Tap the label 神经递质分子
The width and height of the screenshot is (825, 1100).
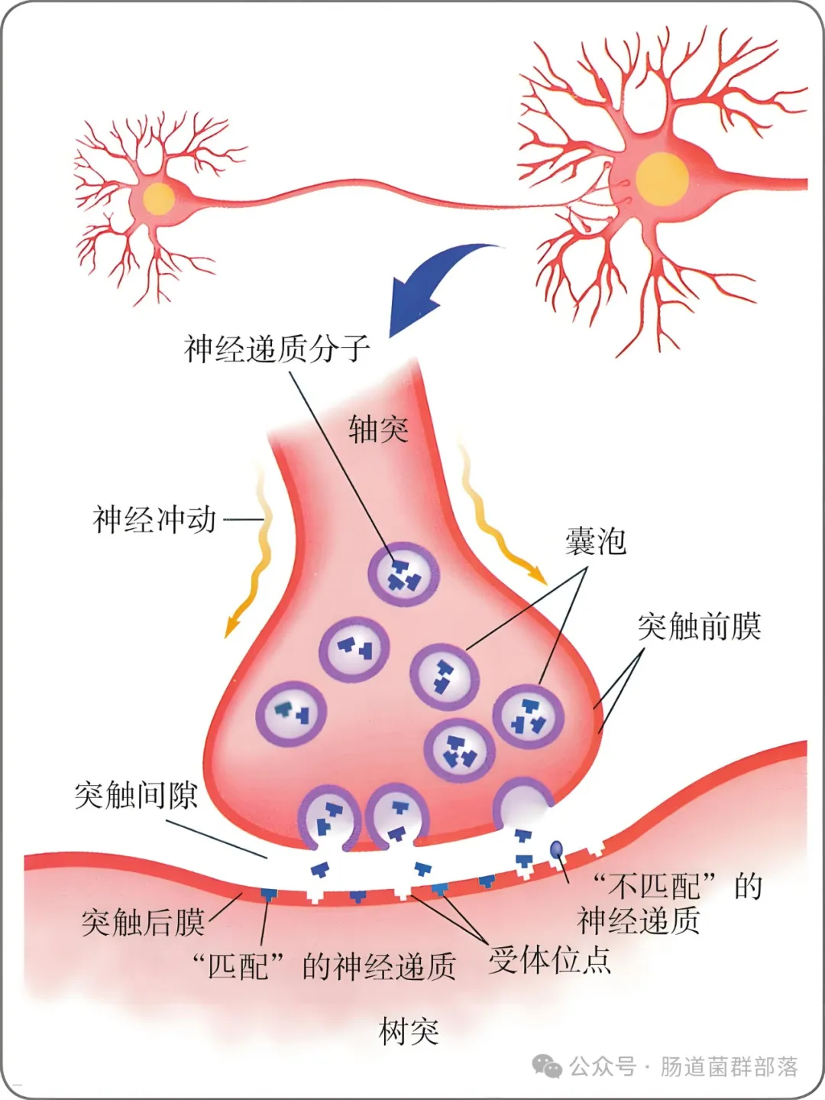pyautogui.click(x=277, y=349)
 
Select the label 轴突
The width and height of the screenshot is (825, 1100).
pyautogui.click(x=378, y=429)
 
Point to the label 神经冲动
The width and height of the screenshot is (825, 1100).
pyautogui.click(x=154, y=520)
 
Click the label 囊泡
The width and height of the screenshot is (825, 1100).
pyautogui.click(x=596, y=541)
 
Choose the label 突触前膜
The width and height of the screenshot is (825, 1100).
pyautogui.click(x=700, y=626)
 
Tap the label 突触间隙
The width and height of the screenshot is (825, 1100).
pyautogui.click(x=136, y=795)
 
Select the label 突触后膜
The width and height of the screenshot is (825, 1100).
pyautogui.click(x=143, y=923)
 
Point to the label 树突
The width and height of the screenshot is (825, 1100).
pyautogui.click(x=409, y=1031)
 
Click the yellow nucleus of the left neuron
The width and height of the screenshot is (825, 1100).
pyautogui.click(x=159, y=199)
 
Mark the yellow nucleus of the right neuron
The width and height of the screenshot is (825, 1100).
pyautogui.click(x=662, y=180)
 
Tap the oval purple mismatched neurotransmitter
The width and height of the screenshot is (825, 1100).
pyautogui.click(x=556, y=849)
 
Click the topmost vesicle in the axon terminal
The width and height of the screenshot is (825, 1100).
pyautogui.click(x=404, y=574)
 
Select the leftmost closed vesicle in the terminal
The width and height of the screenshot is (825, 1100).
pyautogui.click(x=291, y=715)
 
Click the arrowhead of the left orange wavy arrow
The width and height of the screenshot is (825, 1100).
pyautogui.click(x=231, y=628)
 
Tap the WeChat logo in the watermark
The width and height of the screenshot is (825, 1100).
pyautogui.click(x=547, y=1067)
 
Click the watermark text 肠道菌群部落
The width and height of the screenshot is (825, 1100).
pyautogui.click(x=730, y=1067)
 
